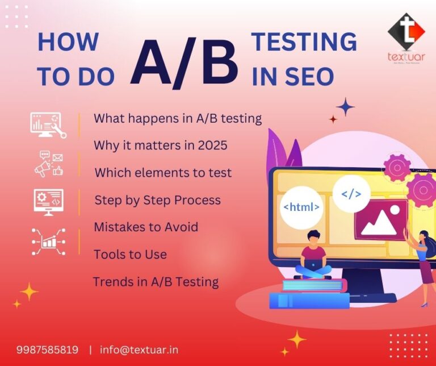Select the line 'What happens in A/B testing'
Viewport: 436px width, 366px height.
[177, 118]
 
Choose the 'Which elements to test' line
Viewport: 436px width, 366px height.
[163, 173]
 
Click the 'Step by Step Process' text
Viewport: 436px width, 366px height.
[157, 200]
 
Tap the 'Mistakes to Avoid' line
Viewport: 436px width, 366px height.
[146, 227]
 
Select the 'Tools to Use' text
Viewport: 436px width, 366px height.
[130, 254]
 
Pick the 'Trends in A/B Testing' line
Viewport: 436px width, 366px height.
[156, 281]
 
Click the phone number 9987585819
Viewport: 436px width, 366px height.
[47, 350]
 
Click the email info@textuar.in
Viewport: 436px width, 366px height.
[139, 350]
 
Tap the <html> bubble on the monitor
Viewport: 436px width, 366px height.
[301, 207]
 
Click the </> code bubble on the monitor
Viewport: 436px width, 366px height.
[351, 194]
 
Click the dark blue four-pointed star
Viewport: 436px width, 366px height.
[345, 106]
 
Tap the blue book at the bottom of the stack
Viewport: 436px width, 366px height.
[309, 300]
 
